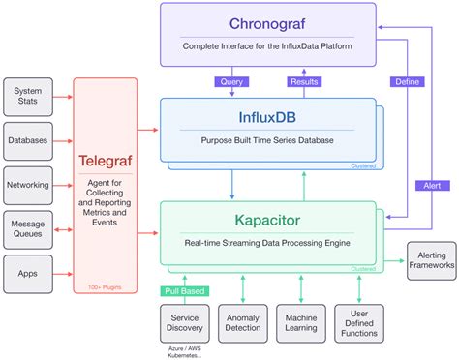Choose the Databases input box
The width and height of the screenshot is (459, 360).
27,139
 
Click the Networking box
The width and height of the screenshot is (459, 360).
27,184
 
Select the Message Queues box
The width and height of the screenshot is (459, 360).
27,228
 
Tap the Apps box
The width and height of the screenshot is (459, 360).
27,273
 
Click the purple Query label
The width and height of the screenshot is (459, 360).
232,82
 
